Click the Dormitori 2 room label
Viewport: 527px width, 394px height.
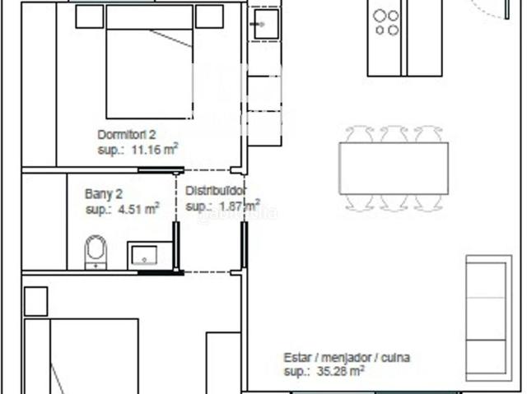[127, 135]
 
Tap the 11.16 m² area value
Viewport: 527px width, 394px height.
[155, 150]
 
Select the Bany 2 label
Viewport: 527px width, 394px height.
[104, 194]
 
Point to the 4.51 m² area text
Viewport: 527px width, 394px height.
[138, 209]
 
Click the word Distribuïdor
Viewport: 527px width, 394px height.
[216, 191]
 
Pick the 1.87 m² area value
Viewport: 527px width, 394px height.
[240, 206]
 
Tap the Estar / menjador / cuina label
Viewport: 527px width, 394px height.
[347, 358]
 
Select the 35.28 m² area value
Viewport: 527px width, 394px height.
[340, 371]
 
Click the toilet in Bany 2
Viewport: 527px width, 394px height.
[96, 252]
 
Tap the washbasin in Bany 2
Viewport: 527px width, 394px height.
[144, 255]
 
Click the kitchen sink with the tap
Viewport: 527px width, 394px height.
[266, 24]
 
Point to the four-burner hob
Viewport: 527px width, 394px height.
[386, 22]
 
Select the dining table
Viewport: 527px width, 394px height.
[394, 168]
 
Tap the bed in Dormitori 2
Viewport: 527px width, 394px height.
[150, 62]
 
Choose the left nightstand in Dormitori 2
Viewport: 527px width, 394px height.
[90, 16]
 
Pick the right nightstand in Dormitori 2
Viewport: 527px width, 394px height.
[209, 16]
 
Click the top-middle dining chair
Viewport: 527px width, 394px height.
[394, 134]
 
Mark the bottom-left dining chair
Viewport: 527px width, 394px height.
[360, 202]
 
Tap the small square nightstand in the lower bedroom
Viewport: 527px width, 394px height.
[36, 301]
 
